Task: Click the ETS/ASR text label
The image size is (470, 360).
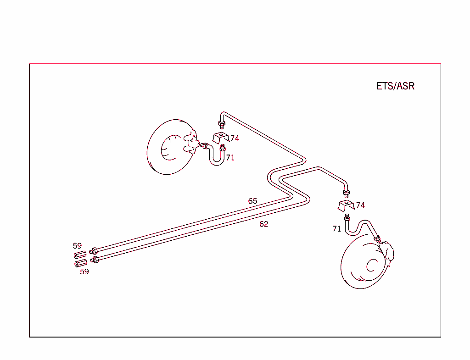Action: click(x=395, y=86)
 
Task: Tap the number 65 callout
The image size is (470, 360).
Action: click(x=252, y=201)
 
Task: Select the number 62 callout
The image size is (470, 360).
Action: click(x=263, y=224)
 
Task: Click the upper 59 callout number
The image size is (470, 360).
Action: click(x=77, y=246)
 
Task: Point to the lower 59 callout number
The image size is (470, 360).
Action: click(x=84, y=271)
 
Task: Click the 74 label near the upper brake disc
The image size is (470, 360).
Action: click(x=235, y=138)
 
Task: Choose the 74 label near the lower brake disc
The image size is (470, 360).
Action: click(x=360, y=205)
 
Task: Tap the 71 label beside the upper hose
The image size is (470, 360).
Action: click(x=230, y=157)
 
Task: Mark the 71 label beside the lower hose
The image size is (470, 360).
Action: click(x=337, y=228)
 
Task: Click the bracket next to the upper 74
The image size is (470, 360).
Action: click(x=220, y=138)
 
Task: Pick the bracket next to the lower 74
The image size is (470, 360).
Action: click(x=345, y=205)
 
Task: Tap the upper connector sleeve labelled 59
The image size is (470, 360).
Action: click(x=80, y=255)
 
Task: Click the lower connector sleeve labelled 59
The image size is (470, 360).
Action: click(x=81, y=263)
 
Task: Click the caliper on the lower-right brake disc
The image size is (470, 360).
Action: click(x=388, y=254)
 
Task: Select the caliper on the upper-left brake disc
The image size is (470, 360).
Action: click(x=190, y=142)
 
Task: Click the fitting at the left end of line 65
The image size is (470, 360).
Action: click(x=94, y=251)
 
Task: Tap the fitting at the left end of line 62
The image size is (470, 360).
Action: click(x=95, y=260)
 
